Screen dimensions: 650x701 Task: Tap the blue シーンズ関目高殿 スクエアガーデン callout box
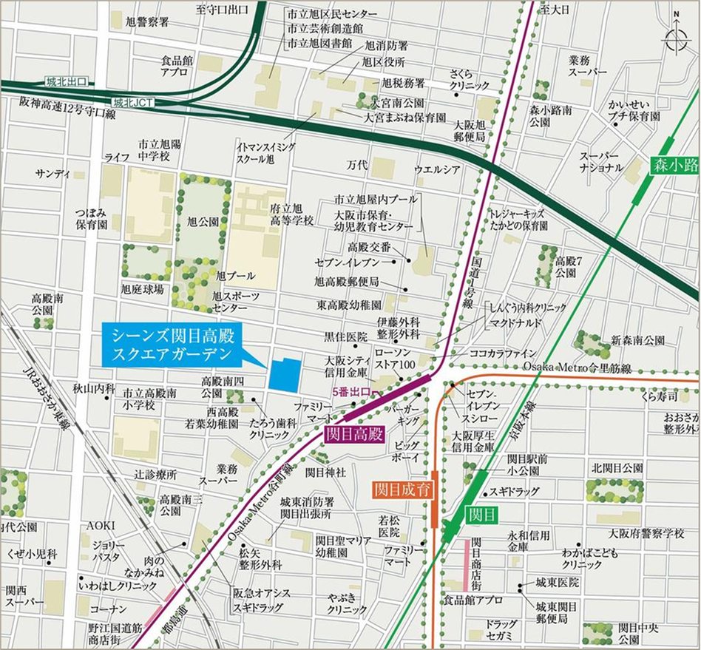172,345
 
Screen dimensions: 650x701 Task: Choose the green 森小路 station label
674,166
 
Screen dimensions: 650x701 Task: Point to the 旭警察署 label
147,21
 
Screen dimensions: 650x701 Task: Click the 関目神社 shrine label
326,472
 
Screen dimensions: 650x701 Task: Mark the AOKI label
101,524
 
